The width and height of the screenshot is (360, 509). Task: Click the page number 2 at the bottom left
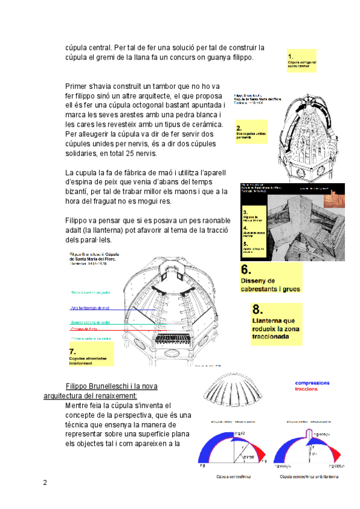click(x=45, y=482)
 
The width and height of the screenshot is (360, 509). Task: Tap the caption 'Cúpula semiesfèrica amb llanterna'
click(x=308, y=477)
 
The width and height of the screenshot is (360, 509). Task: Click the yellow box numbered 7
click(x=90, y=355)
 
